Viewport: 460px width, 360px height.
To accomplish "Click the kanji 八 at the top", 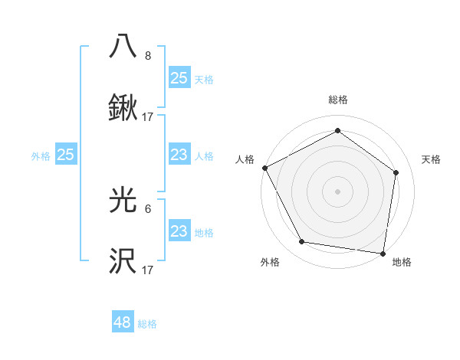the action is (123, 47).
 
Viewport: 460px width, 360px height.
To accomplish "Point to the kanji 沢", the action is (123, 261).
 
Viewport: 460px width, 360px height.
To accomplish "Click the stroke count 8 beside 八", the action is (148, 56).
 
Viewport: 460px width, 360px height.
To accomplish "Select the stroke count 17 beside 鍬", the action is (148, 117).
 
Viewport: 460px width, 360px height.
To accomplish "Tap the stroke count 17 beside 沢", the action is (148, 270).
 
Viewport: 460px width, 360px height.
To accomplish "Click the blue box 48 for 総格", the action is (123, 322).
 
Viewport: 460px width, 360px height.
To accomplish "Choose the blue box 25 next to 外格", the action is (66, 155).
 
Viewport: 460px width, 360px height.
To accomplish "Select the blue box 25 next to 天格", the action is (179, 77).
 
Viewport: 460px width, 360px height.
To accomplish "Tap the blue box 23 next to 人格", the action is (179, 155).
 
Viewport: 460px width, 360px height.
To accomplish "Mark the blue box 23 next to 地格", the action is (179, 231).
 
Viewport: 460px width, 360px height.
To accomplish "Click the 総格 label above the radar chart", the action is (337, 100).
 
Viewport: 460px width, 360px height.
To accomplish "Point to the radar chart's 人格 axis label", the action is (245, 159).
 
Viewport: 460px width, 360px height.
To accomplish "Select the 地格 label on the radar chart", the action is (402, 263).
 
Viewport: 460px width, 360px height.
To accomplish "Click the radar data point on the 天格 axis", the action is (396, 172).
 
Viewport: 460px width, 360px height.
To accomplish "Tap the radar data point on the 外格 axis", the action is (302, 242).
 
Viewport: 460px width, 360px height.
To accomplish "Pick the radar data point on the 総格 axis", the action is (337, 131).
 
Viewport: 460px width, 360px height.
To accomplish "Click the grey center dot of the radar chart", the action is (337, 191).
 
